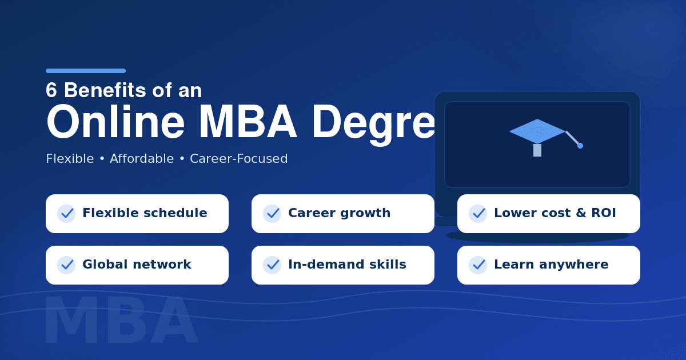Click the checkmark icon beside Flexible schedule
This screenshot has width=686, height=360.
tap(66, 214)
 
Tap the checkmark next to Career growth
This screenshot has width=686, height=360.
tap(272, 214)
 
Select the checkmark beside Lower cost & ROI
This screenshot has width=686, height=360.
tap(478, 214)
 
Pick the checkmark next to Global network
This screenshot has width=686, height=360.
tap(66, 265)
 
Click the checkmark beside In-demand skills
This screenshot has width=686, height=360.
tap(272, 265)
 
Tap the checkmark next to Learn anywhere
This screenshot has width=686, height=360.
tap(478, 265)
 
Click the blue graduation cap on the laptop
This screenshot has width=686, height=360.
tap(537, 132)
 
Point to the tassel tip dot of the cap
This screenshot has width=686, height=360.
tap(580, 146)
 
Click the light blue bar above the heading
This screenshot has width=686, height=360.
tap(86, 71)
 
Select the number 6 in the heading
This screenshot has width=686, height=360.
tap(51, 90)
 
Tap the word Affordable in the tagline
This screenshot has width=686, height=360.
tap(142, 159)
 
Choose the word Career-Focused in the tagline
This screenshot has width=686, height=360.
tap(239, 159)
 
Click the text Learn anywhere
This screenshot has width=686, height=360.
tap(551, 265)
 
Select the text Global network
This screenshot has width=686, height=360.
tap(137, 265)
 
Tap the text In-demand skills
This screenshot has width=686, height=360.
tap(347, 265)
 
